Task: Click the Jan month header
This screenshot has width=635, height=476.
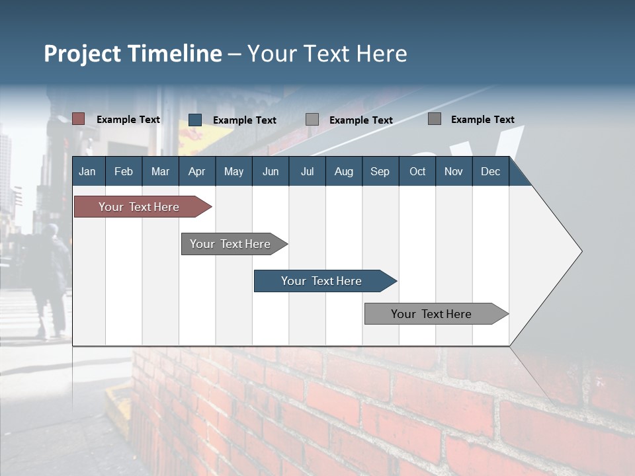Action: (87, 171)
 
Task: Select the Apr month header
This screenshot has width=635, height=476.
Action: (196, 171)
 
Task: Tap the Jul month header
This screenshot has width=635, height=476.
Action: (307, 171)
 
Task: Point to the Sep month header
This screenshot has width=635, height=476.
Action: (380, 171)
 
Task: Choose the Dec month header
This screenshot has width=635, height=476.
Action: (490, 171)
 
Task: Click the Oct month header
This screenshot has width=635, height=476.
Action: (417, 171)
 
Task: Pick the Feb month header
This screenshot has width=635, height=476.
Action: (124, 171)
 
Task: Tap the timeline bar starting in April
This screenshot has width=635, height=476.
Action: (231, 244)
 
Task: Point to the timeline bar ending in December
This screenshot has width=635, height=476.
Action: (432, 314)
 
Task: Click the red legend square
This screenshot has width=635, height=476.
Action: (78, 119)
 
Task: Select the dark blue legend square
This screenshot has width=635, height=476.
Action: (195, 120)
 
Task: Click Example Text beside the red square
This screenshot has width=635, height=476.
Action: (128, 120)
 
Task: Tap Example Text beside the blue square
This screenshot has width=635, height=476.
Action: (245, 120)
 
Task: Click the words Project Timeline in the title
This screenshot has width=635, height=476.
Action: (132, 54)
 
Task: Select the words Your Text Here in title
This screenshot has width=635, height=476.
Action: (327, 54)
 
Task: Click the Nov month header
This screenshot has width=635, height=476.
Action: (454, 171)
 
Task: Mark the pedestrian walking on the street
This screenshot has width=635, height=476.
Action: (52, 278)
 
